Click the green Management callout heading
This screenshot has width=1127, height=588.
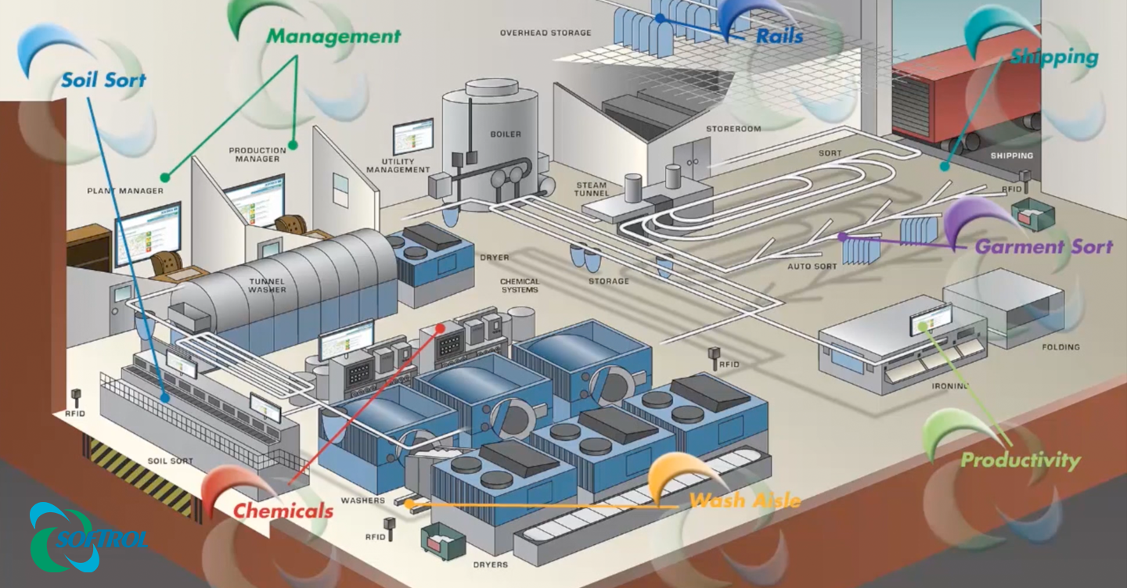[333, 36]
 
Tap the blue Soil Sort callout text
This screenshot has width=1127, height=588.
[103, 80]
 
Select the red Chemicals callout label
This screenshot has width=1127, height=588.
[283, 511]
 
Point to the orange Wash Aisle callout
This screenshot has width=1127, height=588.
[744, 500]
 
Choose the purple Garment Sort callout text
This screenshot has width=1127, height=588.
[1043, 247]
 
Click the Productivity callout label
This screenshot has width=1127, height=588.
[1020, 460]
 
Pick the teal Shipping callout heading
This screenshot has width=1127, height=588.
[1053, 57]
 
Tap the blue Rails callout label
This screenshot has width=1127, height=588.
[779, 36]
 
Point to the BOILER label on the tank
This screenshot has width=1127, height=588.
[506, 134]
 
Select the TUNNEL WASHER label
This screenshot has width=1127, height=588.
[268, 285]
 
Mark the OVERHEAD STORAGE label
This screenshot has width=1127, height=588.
[545, 33]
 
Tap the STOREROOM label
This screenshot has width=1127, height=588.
[733, 129]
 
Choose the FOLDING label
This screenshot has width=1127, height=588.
[1060, 346]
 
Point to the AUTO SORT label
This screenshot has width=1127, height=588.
[812, 267]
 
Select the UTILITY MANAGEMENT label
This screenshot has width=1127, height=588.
[398, 166]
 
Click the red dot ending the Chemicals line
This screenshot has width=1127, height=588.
[441, 329]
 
